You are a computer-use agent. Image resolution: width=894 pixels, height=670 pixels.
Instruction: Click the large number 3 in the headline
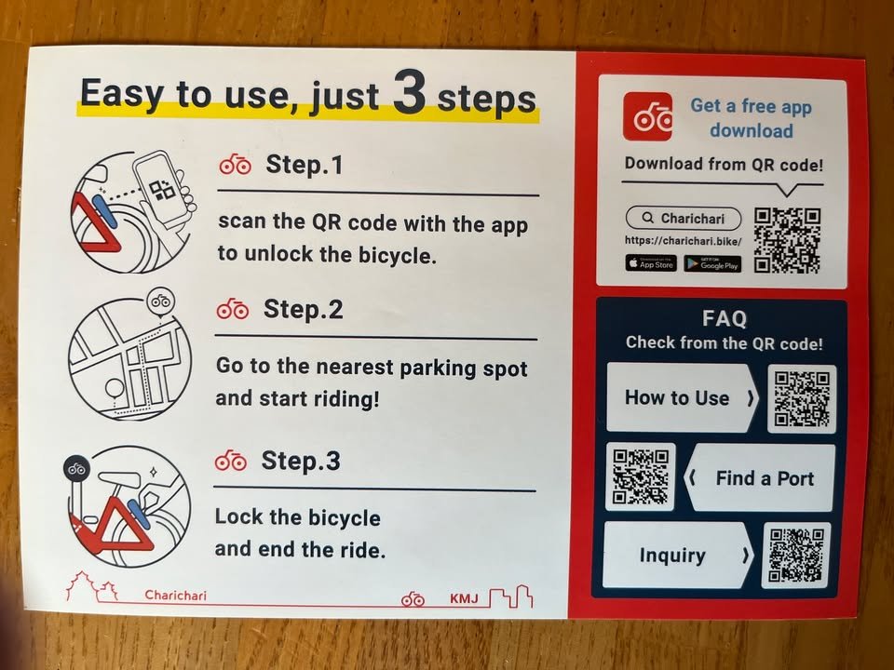(410, 92)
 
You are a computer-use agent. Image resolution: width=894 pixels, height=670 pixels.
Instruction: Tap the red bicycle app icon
(647, 117)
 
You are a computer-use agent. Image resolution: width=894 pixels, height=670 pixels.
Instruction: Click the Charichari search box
(684, 218)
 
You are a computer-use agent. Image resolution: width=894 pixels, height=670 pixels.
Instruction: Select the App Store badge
(651, 263)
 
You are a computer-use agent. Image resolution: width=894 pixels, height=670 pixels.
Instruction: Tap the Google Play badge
(712, 264)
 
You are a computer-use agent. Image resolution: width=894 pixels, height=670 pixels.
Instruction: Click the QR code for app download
(788, 240)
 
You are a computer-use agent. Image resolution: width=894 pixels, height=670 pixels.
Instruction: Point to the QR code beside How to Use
(802, 399)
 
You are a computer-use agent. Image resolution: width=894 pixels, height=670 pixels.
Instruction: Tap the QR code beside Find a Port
(641, 476)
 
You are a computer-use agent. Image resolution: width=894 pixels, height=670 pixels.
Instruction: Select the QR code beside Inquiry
(796, 555)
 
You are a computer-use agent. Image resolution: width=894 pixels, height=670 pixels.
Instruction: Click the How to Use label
(677, 397)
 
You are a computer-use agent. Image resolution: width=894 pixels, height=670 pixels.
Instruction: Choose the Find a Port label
(765, 478)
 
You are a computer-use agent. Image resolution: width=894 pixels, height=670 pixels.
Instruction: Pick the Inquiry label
(672, 555)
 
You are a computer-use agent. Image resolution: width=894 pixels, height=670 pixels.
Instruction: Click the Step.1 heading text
(305, 165)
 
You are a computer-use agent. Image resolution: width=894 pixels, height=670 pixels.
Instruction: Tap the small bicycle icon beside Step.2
(233, 310)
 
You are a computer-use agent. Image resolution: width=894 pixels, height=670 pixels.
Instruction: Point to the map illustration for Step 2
(130, 359)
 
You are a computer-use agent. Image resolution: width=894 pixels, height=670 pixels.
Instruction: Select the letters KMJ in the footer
(464, 598)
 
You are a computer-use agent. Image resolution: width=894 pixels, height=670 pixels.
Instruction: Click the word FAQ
(725, 318)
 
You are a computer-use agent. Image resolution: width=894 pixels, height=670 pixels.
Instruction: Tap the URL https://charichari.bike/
(683, 240)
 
